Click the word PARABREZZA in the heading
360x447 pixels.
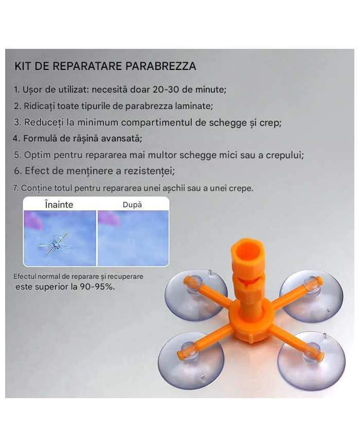[160, 66]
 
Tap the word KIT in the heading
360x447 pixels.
[23, 66]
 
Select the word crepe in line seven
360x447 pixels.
[241, 189]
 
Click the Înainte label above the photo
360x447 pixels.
[59, 205]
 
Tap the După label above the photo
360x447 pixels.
[132, 205]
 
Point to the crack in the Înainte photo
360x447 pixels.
[53, 244]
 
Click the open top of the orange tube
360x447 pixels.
[246, 248]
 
